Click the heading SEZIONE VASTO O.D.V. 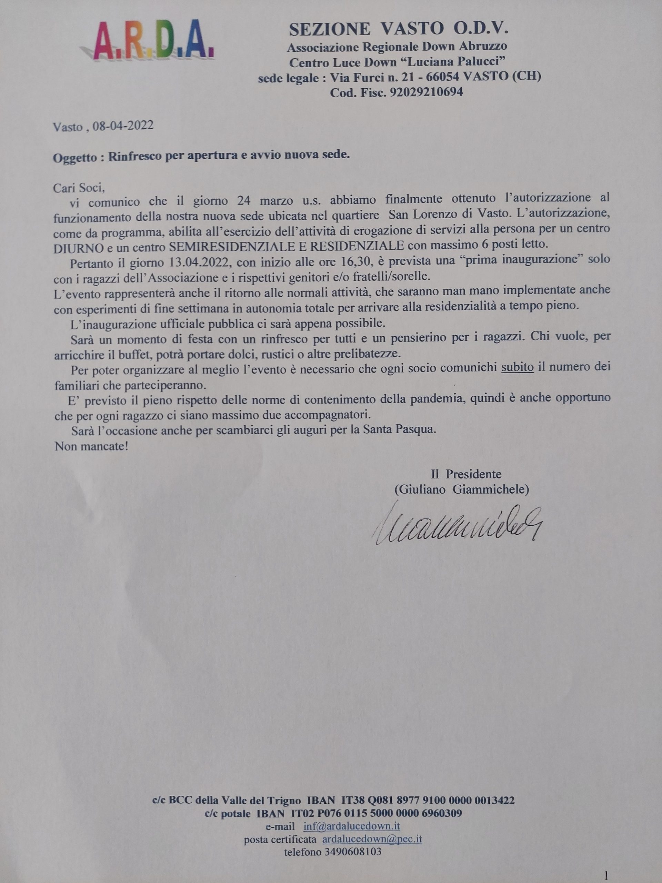click(399, 29)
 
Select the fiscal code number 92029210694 click(426, 92)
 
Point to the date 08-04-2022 click(123, 126)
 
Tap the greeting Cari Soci click(79, 187)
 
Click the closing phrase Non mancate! click(91, 446)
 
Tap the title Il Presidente click(466, 474)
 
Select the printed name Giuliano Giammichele click(462, 489)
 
